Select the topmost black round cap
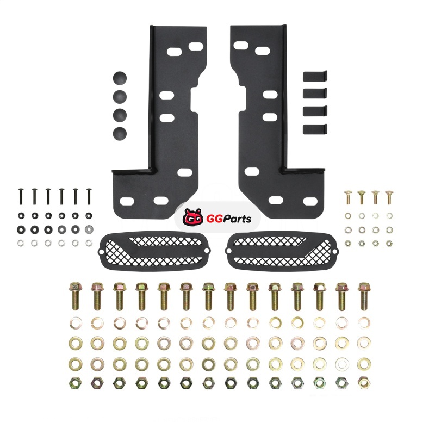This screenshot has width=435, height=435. (x=120, y=78)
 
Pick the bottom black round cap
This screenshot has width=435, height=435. (x=120, y=133)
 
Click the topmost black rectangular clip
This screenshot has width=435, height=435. (x=315, y=76)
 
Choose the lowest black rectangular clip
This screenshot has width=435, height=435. (x=315, y=129)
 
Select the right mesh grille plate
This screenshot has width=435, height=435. (x=282, y=251)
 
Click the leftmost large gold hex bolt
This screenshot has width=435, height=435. (x=75, y=296)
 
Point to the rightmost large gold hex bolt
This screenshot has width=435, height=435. (x=364, y=296)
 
